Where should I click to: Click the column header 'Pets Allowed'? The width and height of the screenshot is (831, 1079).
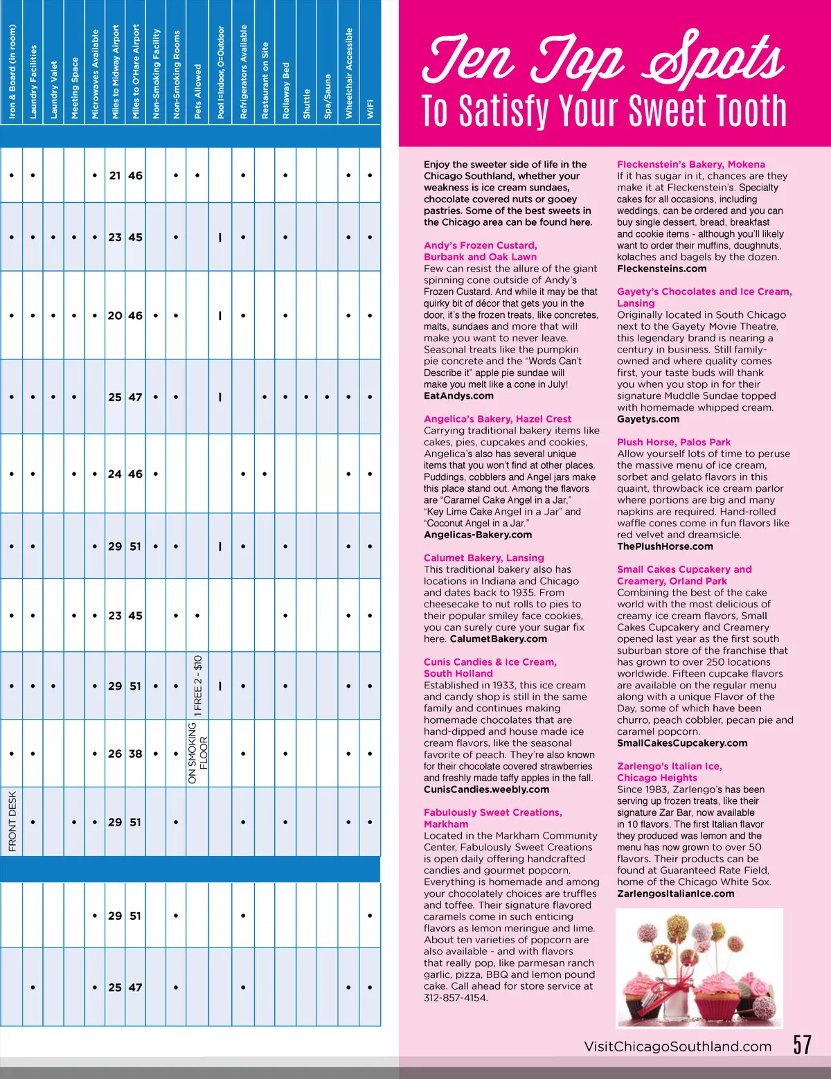pyautogui.click(x=197, y=92)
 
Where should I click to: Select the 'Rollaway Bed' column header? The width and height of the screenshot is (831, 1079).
pyautogui.click(x=286, y=91)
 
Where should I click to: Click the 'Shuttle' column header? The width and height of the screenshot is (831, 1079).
pyautogui.click(x=307, y=103)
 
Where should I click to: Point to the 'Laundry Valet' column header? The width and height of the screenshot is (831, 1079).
pyautogui.click(x=54, y=90)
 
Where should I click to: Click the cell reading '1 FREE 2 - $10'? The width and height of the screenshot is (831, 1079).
pyautogui.click(x=198, y=685)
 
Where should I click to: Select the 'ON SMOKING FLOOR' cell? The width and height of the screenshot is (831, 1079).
pyautogui.click(x=198, y=753)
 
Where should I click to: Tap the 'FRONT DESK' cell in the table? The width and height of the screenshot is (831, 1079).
pyautogui.click(x=12, y=821)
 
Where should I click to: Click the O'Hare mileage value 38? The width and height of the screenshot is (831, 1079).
pyautogui.click(x=136, y=753)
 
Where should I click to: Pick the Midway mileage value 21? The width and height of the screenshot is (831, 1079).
pyautogui.click(x=115, y=176)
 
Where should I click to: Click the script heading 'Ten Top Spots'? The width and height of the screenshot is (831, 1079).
pyautogui.click(x=603, y=58)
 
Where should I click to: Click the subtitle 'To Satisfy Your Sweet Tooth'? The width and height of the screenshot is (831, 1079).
pyautogui.click(x=604, y=111)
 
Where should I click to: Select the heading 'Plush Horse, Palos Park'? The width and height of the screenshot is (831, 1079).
pyautogui.click(x=673, y=442)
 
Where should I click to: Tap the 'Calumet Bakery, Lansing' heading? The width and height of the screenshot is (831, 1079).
pyautogui.click(x=483, y=558)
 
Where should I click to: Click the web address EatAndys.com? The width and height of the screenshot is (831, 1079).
pyautogui.click(x=458, y=396)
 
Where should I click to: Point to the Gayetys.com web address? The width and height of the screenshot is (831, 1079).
pyautogui.click(x=647, y=419)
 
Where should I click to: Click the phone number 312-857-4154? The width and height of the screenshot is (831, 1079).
pyautogui.click(x=455, y=998)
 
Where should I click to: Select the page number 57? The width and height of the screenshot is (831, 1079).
pyautogui.click(x=802, y=1044)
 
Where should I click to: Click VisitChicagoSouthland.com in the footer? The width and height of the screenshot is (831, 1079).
pyautogui.click(x=677, y=1046)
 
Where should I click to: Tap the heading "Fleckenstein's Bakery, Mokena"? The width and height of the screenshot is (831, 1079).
pyautogui.click(x=690, y=164)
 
